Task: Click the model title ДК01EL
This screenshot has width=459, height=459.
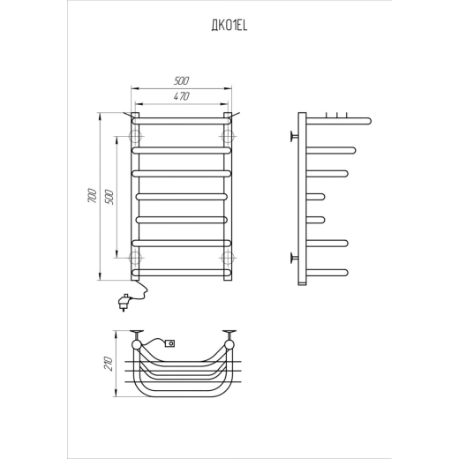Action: coord(229,26)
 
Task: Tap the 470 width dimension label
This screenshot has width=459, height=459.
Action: coord(181,96)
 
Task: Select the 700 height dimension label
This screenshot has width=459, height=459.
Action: coord(92,195)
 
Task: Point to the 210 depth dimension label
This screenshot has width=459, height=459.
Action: coord(108,364)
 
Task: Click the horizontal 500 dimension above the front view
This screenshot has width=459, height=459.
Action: coord(181,80)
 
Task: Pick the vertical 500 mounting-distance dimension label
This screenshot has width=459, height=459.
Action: coord(109,197)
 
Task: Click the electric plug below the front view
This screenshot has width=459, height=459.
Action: coord(125,302)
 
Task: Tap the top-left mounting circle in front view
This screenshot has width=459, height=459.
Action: coord(135,136)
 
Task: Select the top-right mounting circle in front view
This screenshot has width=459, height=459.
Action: coord(228,136)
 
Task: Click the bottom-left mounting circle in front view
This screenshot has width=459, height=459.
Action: coord(135,258)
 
